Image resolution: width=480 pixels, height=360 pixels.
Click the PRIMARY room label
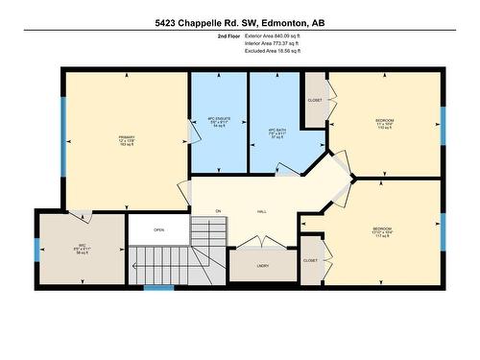pyautogui.click(x=127, y=138)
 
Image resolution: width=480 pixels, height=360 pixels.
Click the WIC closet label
pyautogui.click(x=82, y=247)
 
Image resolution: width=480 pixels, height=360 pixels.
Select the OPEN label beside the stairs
pyautogui.click(x=158, y=229)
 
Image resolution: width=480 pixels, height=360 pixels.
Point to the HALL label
pyautogui.click(x=260, y=210)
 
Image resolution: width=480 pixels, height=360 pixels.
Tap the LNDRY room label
pyautogui.click(x=262, y=265)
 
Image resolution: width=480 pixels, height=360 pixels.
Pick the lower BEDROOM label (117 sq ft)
pyautogui.click(x=382, y=230)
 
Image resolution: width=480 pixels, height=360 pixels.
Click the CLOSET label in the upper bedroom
pyautogui.click(x=315, y=101)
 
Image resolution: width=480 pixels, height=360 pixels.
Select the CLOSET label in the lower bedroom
pyautogui.click(x=309, y=260)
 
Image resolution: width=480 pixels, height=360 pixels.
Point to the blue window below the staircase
pyautogui.click(x=158, y=286)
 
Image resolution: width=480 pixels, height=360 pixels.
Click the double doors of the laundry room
pyautogui.click(x=260, y=243)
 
